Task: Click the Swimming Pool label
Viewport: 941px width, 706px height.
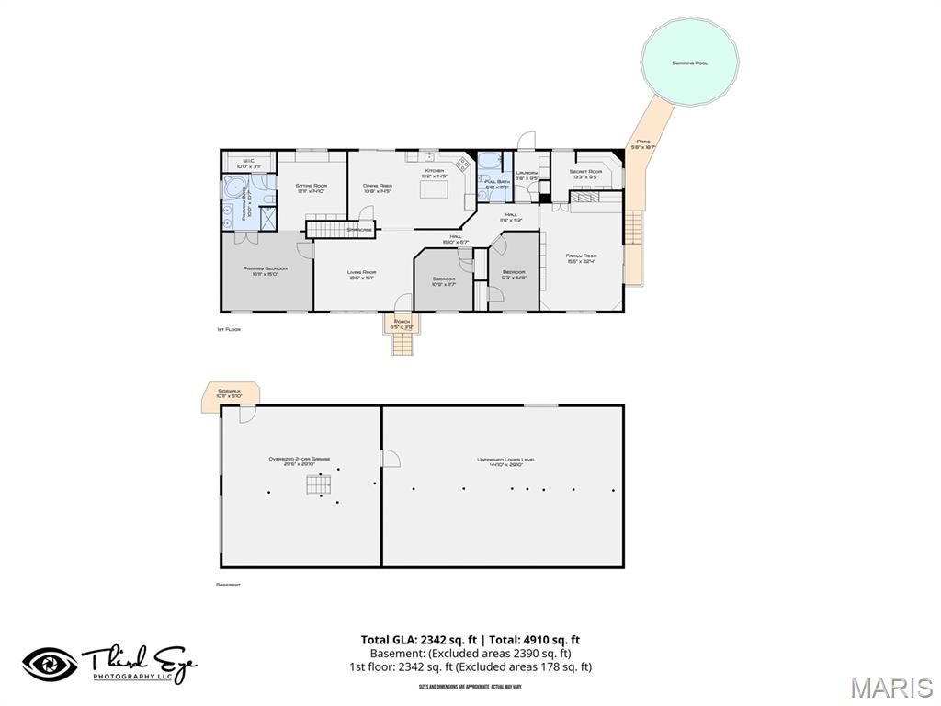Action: pyautogui.click(x=689, y=63)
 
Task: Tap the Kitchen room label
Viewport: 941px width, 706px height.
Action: pyautogui.click(x=434, y=171)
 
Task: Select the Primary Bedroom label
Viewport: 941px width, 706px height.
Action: pyautogui.click(x=266, y=270)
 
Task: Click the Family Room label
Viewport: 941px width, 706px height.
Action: pyautogui.click(x=581, y=258)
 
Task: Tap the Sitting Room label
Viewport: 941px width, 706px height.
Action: pyautogui.click(x=312, y=188)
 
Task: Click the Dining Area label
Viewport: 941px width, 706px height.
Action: pyautogui.click(x=378, y=188)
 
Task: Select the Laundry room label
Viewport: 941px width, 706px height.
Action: pyautogui.click(x=527, y=175)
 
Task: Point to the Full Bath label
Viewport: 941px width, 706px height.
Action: pyautogui.click(x=496, y=184)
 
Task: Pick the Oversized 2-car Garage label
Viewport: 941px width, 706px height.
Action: pyautogui.click(x=300, y=461)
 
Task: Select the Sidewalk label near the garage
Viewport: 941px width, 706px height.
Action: pyautogui.click(x=230, y=393)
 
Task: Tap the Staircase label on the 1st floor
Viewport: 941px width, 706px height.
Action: pyautogui.click(x=359, y=229)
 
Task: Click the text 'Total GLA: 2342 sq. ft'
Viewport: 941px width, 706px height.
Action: pyautogui.click(x=419, y=640)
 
